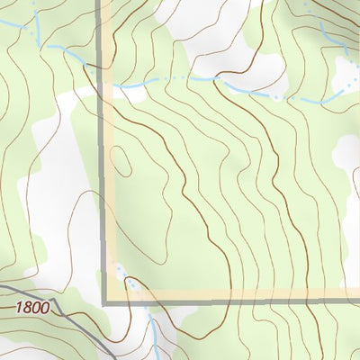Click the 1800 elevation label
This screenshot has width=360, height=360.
tap(33, 308)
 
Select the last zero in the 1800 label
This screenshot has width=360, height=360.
tap(46, 308)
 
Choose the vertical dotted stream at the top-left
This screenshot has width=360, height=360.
tap(36, 22)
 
